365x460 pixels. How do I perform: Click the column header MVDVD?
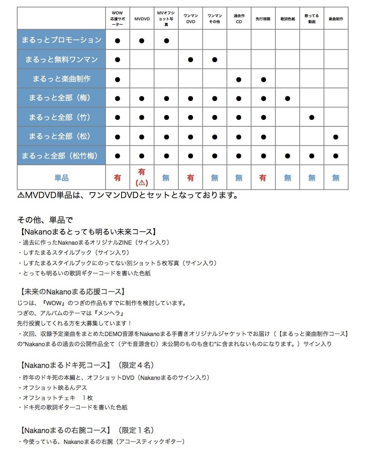(142, 19)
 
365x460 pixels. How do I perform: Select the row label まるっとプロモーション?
(61, 40)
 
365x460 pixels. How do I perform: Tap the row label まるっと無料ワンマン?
(61, 60)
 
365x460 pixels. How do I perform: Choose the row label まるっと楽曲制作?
(61, 79)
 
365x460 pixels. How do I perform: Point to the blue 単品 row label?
(61, 178)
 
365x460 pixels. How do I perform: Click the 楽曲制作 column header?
(336, 19)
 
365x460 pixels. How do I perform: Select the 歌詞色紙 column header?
(288, 19)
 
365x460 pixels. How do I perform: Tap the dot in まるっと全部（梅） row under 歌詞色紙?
(288, 99)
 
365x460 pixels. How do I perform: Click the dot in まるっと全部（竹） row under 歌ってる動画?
(312, 118)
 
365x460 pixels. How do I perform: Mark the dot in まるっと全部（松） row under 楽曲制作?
(336, 137)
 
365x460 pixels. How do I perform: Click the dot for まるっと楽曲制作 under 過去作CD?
(239, 79)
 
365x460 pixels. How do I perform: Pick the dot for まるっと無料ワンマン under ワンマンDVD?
(191, 60)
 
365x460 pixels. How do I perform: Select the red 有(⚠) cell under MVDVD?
(142, 177)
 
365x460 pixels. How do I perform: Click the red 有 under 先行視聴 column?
(263, 178)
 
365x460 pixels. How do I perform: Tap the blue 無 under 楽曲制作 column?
(336, 178)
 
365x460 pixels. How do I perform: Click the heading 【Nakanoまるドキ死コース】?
(65, 365)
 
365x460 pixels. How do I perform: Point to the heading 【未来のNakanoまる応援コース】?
(73, 292)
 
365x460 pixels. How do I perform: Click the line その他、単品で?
(45, 220)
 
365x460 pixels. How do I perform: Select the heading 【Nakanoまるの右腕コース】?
(65, 430)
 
